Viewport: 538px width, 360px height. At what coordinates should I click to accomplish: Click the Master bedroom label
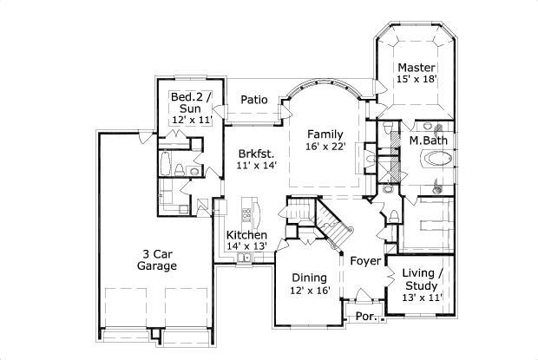click(x=415, y=67)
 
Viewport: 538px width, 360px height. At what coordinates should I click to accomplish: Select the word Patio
click(x=254, y=99)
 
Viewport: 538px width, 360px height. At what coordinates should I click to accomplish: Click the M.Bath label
click(x=428, y=140)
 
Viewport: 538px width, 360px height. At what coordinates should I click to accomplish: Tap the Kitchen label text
click(x=246, y=235)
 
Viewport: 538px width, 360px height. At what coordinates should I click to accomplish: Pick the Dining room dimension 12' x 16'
click(x=311, y=291)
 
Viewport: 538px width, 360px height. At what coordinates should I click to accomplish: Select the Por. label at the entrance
click(x=367, y=317)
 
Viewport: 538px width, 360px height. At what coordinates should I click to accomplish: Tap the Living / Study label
click(x=422, y=279)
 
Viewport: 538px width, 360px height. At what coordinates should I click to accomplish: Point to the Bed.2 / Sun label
click(x=191, y=102)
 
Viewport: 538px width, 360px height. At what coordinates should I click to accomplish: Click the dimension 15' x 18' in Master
click(x=416, y=80)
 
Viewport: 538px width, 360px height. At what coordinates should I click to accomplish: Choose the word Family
click(x=326, y=134)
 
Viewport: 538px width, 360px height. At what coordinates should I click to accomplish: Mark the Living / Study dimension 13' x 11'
click(x=422, y=298)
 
